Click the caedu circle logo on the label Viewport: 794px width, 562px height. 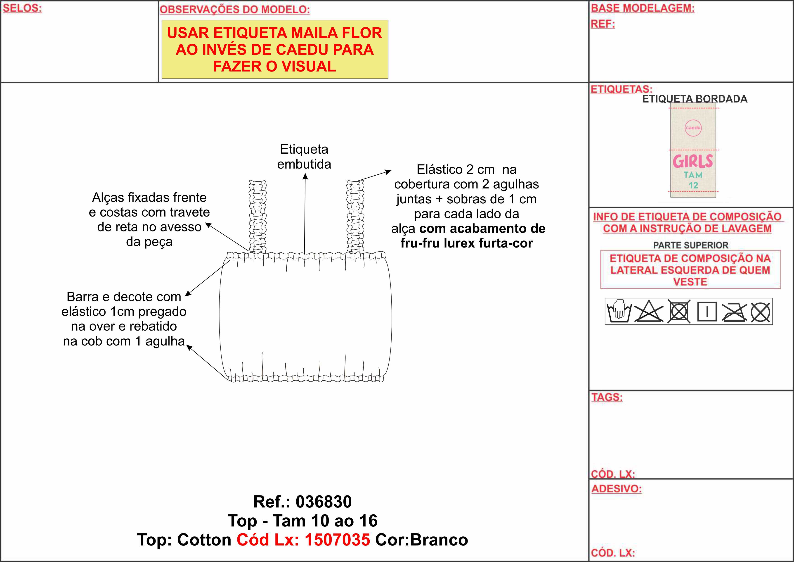(x=693, y=128)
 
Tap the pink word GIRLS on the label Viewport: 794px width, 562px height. (x=693, y=161)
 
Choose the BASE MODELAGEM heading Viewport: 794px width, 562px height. (x=643, y=8)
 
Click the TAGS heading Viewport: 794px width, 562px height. (x=607, y=397)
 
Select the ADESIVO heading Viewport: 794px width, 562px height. (x=616, y=489)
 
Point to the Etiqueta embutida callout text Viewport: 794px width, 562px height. (x=304, y=157)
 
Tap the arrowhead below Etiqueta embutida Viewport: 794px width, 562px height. (x=305, y=176)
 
